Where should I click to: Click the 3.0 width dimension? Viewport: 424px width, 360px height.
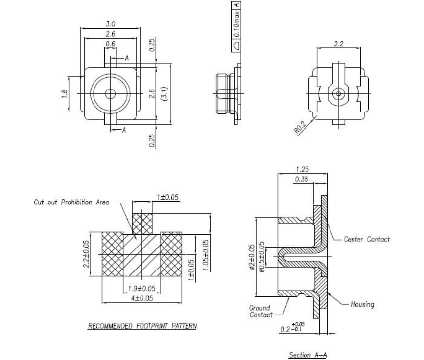110,23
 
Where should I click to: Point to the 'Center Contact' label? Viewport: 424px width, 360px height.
367,239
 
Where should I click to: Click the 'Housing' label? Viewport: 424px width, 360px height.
362,304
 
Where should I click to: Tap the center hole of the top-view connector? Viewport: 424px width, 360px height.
111,93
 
